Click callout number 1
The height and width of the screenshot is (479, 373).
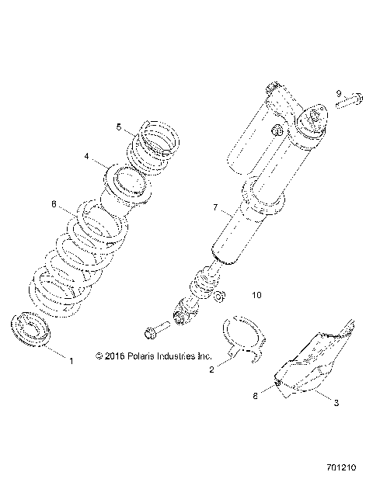(x=72, y=361)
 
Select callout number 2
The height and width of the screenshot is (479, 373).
(x=212, y=370)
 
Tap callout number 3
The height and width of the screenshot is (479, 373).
(x=336, y=403)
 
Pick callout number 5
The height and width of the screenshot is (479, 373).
(x=119, y=126)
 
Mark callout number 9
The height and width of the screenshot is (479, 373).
(x=339, y=93)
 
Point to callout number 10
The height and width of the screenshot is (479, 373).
(x=258, y=295)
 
